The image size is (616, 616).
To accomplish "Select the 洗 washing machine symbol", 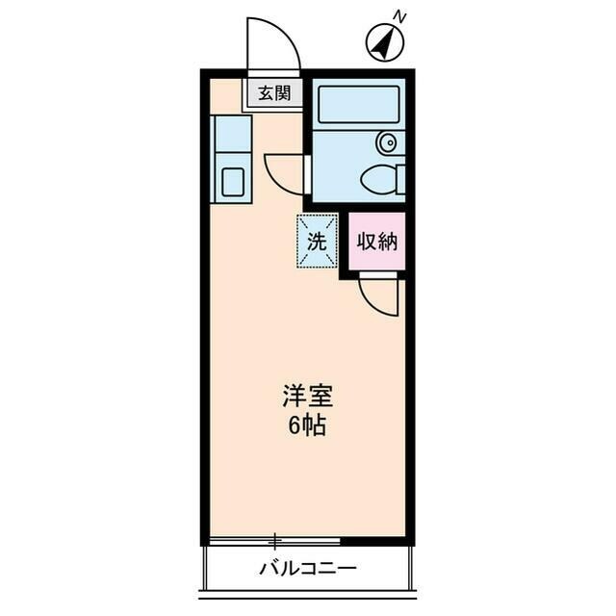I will pyautogui.click(x=317, y=241).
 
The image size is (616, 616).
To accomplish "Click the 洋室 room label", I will pyautogui.click(x=307, y=396).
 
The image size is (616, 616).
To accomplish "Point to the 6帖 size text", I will pyautogui.click(x=307, y=424).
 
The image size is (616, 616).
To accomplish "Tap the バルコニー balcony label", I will pyautogui.click(x=307, y=568).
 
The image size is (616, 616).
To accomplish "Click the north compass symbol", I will pyautogui.click(x=384, y=43).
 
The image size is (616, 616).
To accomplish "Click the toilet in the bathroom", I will pyautogui.click(x=380, y=178).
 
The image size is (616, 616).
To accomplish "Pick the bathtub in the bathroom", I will pyautogui.click(x=357, y=104).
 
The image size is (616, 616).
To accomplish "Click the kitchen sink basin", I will pyautogui.click(x=232, y=183).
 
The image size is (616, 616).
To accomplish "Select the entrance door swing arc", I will pyautogui.click(x=270, y=43).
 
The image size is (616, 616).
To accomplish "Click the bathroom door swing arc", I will pyautogui.click(x=284, y=173).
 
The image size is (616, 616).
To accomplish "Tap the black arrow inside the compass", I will pyautogui.click(x=384, y=43).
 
